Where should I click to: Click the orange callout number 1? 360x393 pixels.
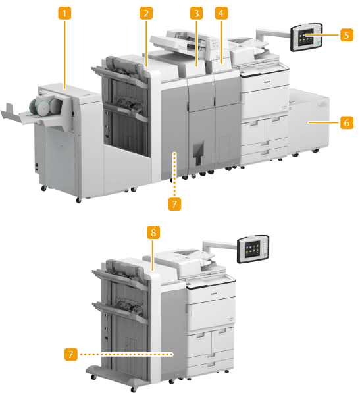pos(64,13)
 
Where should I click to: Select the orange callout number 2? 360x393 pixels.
pos(146,13)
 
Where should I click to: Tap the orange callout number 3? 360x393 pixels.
pos(196,13)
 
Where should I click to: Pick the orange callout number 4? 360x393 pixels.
pos(221,13)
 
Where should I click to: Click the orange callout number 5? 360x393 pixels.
pos(347,35)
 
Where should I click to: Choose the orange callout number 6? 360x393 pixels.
pos(347,123)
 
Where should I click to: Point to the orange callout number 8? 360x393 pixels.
pos(153,232)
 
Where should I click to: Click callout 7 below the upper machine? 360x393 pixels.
pos(174,204)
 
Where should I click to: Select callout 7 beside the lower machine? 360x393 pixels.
pos(71,354)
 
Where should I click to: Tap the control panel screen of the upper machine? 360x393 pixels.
pos(305,37)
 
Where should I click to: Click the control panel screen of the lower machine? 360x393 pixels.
pos(253,249)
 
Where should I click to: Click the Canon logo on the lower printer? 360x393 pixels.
pos(213,294)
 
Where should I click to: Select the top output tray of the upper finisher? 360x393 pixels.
pos(118,74)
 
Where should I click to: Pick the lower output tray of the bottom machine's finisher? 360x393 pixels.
pos(119,312)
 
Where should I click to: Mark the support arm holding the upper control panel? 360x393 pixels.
pos(273,34)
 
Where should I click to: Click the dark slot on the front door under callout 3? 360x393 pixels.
pos(198,153)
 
